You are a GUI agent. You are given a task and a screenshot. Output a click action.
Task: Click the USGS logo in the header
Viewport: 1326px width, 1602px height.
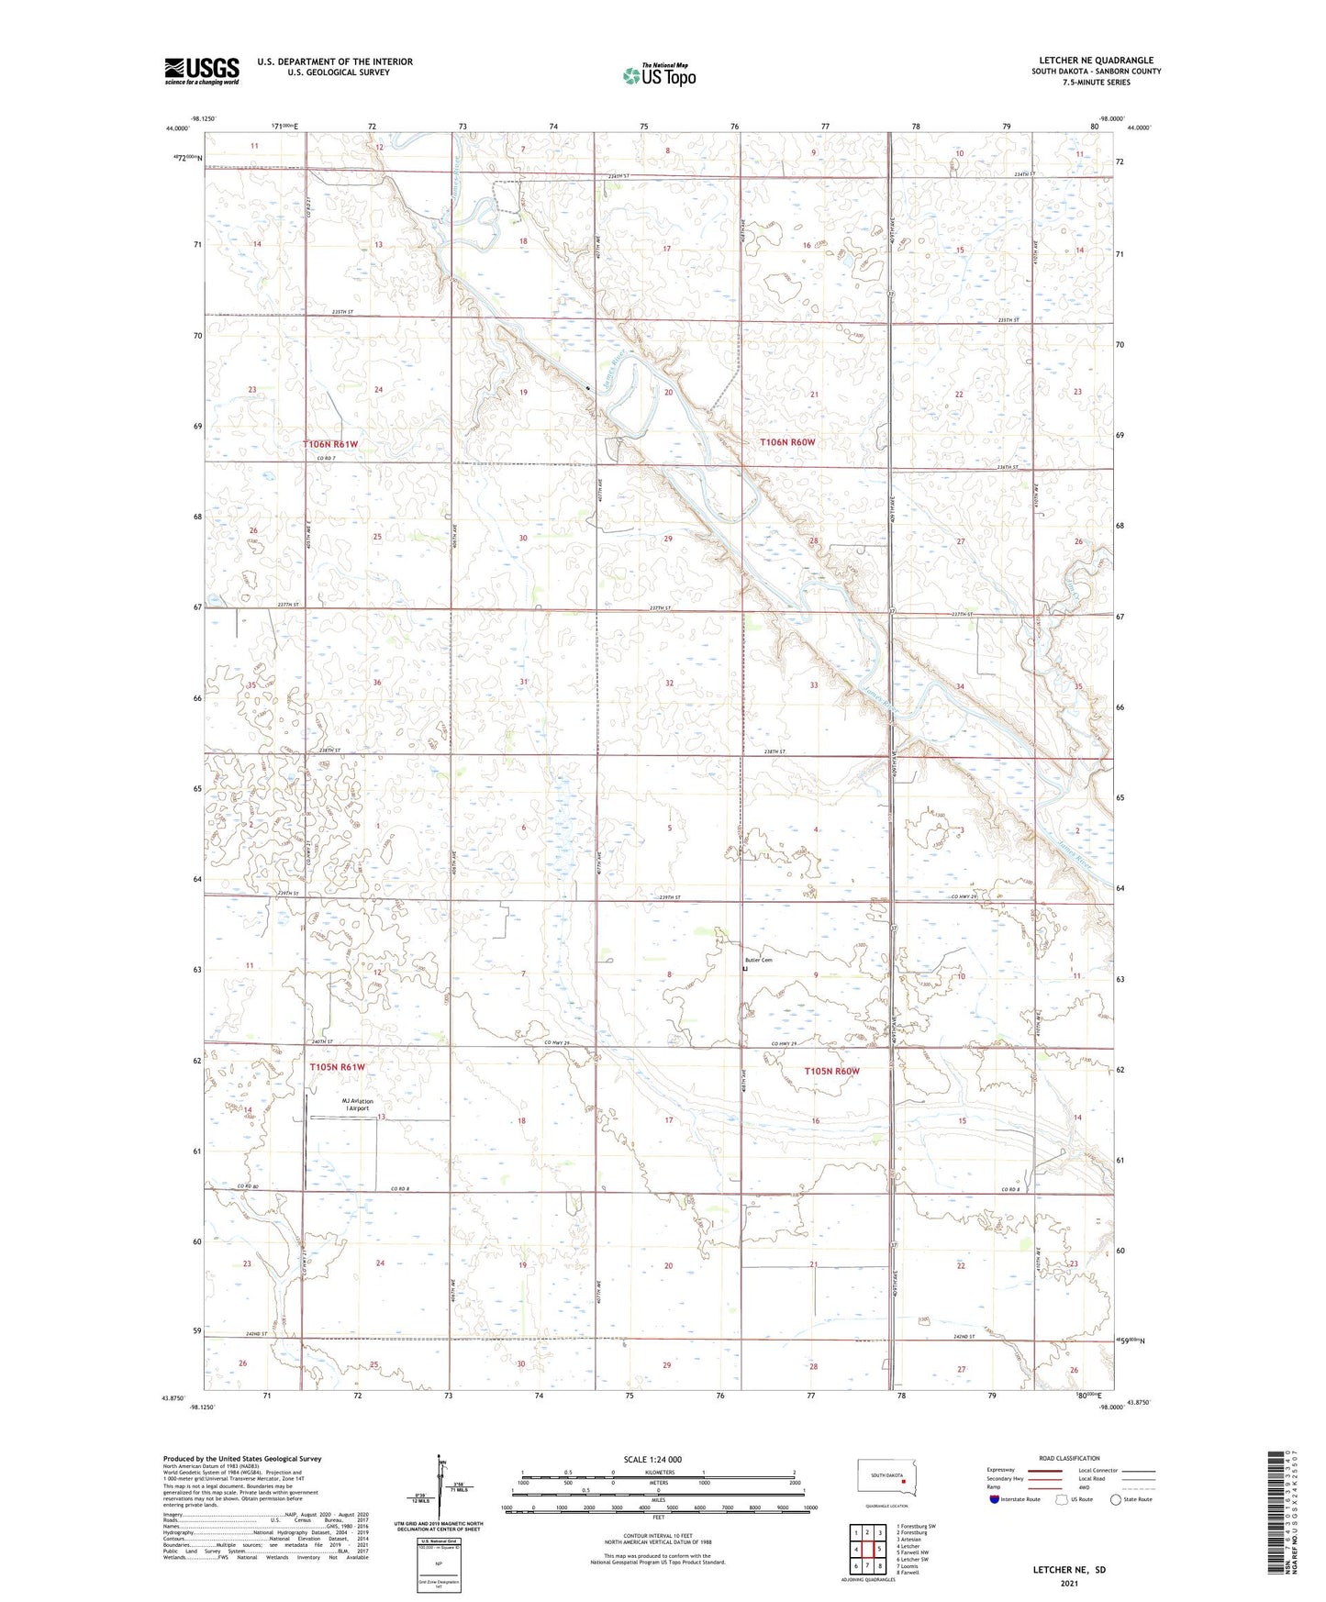click(202, 70)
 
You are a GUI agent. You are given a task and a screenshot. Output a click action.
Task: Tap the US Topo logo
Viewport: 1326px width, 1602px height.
click(658, 75)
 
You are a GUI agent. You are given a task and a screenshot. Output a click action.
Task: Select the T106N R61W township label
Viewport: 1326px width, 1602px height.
click(330, 444)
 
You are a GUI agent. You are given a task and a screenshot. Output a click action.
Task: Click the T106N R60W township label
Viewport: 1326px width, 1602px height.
click(787, 442)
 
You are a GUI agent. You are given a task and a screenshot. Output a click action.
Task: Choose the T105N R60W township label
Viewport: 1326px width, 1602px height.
click(831, 1071)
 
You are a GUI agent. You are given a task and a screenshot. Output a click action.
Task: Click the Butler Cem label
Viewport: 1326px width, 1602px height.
click(758, 960)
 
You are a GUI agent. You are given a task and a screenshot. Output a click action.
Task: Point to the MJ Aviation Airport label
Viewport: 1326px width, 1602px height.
click(357, 1105)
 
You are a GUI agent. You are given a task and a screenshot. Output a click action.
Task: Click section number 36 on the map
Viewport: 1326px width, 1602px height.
click(376, 683)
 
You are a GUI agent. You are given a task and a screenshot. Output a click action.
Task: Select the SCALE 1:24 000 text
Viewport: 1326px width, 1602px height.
click(652, 1459)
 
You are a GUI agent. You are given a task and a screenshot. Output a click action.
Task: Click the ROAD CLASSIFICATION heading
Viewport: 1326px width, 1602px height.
click(1069, 1458)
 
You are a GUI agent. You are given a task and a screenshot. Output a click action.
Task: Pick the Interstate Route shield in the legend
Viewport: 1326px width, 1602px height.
click(994, 1500)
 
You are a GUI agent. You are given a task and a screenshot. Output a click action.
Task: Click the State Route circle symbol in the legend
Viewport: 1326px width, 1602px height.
click(1116, 1500)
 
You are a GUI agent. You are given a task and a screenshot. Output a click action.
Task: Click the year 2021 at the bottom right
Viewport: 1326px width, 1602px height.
click(1069, 1583)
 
